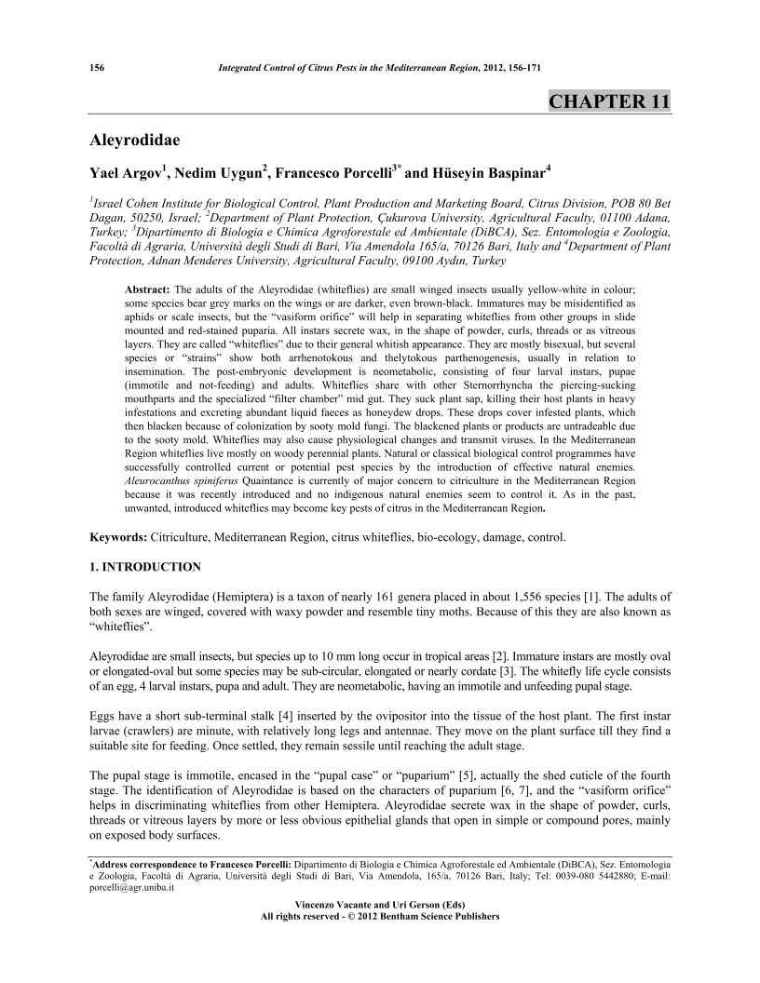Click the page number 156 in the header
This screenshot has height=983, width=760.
click(94, 68)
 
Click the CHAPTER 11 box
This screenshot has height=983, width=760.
click(609, 101)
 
